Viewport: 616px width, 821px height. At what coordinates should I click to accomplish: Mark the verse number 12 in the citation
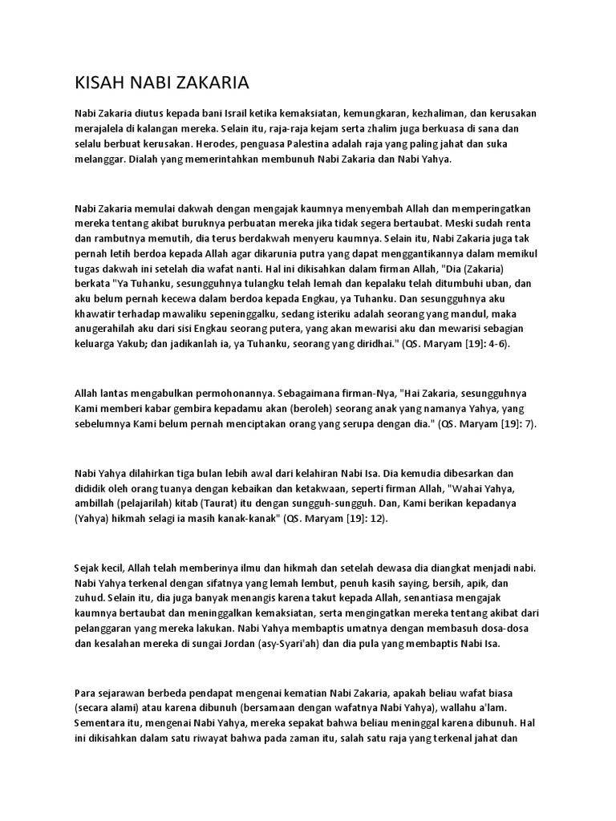[x=374, y=519]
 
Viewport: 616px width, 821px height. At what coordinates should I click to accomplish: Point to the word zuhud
[x=89, y=598]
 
